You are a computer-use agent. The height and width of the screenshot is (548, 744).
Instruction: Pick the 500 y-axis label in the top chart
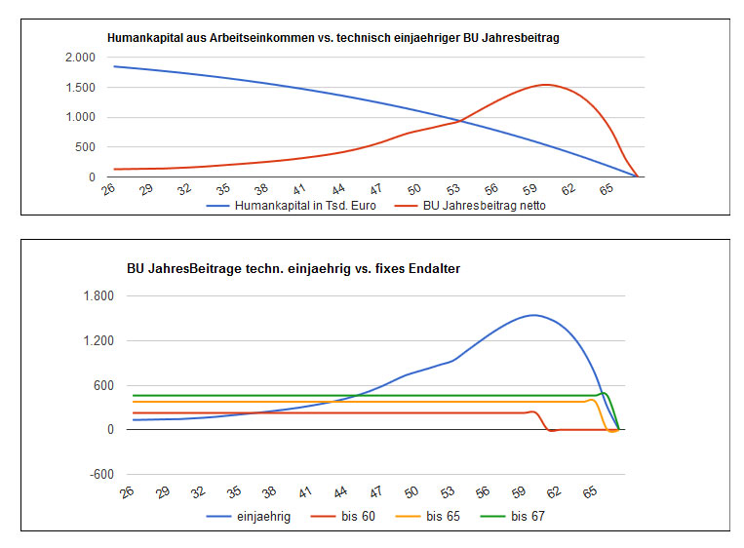(83, 147)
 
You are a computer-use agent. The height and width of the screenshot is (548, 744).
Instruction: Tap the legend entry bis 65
(443, 517)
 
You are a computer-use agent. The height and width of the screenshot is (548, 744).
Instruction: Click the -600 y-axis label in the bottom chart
(99, 475)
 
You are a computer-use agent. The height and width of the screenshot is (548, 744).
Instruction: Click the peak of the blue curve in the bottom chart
(532, 315)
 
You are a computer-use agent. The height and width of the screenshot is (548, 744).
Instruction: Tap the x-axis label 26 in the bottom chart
(126, 493)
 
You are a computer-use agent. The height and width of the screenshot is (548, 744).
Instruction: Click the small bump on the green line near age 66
(604, 393)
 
